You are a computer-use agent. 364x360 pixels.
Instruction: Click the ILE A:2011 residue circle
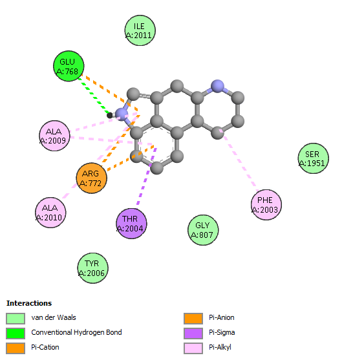coord(140,30)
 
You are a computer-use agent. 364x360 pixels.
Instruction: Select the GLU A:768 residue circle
coord(69,66)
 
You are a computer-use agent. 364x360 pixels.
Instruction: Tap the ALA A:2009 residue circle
coord(54,136)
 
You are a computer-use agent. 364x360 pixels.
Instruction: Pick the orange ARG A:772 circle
coord(91,178)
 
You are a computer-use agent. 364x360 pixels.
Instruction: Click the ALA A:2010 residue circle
coord(50,213)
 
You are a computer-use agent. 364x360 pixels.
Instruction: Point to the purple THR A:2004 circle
coord(131,224)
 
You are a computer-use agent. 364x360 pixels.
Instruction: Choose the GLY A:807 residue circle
coord(203,230)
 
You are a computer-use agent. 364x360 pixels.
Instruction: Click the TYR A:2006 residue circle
coord(92,268)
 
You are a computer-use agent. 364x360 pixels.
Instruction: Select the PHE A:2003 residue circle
coord(266,205)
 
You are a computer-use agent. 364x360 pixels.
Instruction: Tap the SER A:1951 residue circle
coord(313,158)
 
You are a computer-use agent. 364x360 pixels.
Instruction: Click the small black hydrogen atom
coord(109,115)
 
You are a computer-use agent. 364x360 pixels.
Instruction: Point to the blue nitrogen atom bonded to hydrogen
coord(122,114)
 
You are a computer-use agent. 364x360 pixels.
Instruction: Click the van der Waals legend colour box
coord(16,319)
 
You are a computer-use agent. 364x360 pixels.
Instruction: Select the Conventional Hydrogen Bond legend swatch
coord(16,334)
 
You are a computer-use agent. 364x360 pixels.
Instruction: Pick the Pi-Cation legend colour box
coord(16,348)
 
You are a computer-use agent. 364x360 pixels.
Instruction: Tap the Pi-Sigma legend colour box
coord(193,334)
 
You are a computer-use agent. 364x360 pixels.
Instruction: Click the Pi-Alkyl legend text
coord(220,347)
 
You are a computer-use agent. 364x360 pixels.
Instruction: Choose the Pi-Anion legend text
coord(222,317)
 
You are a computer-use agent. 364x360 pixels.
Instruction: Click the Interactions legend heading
coord(29,303)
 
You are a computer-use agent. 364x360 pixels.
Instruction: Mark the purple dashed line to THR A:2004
coord(147,176)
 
